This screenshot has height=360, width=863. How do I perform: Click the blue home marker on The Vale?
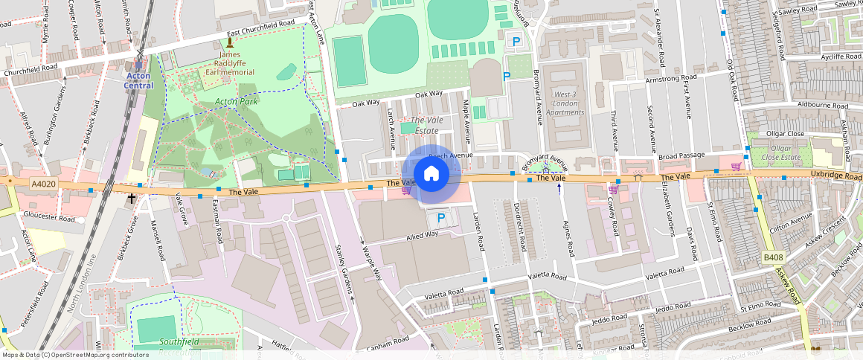pos(431,174)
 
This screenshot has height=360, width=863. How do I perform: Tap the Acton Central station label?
pos(138,80)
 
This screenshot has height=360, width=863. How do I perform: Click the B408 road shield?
pos(774,257)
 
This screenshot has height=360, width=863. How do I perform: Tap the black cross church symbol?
pos(132,199)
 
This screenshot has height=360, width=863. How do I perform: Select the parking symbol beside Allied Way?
pos(440,218)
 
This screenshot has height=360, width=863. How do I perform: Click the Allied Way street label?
pos(422,236)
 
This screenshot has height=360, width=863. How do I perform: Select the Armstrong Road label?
pos(671,77)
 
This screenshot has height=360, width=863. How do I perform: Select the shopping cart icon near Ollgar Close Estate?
pos(736,166)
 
